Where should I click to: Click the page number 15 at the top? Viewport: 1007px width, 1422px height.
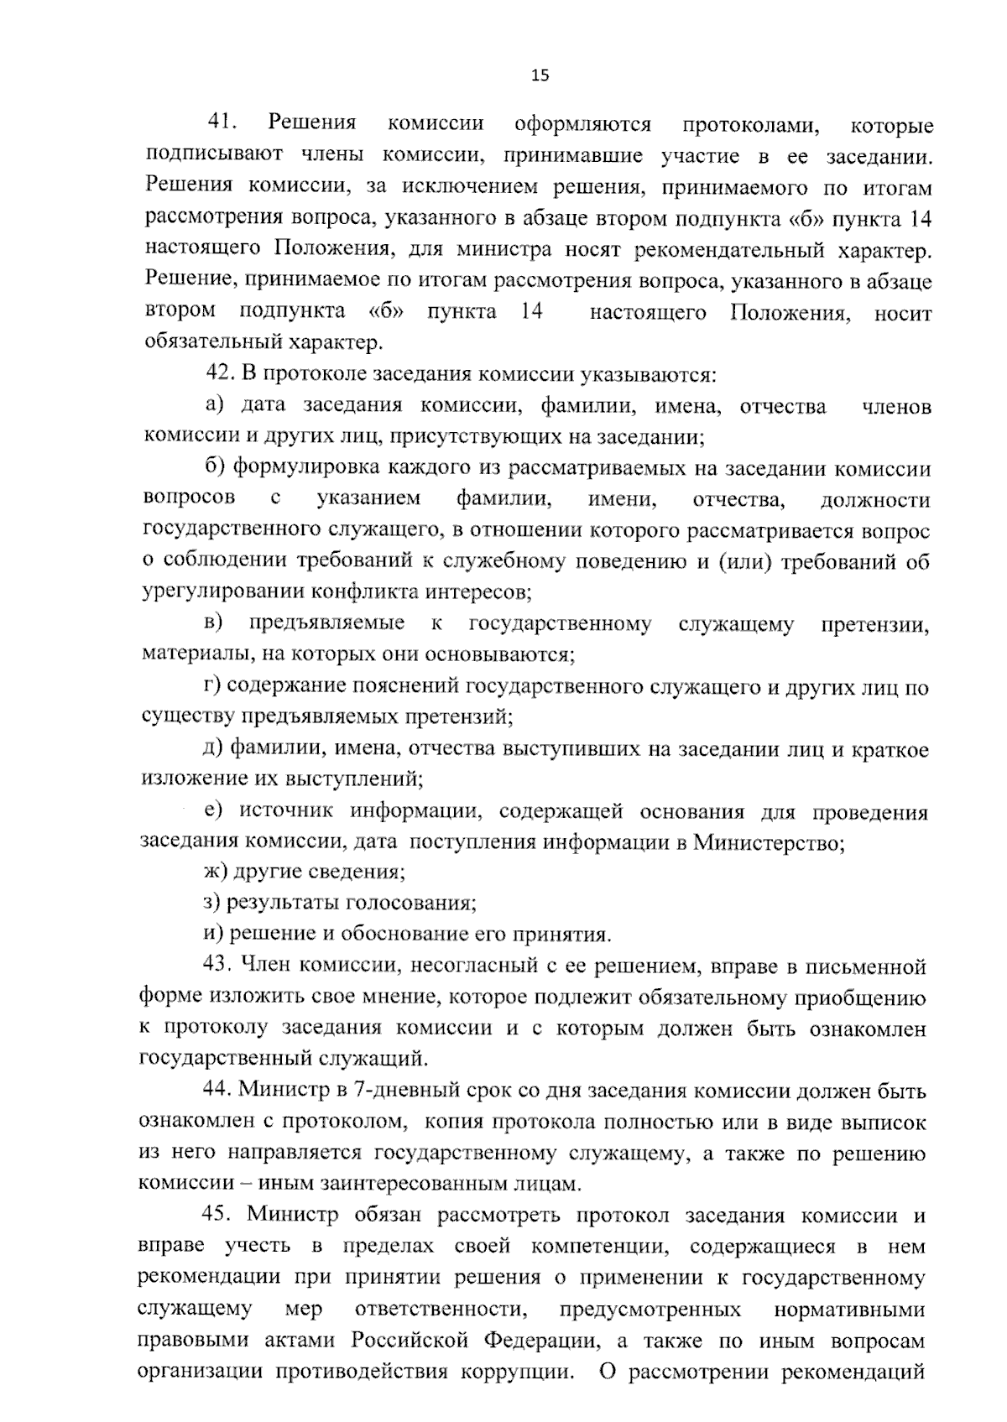point(540,76)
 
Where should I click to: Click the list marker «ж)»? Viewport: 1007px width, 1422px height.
point(216,872)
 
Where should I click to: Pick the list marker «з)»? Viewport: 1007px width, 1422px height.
point(213,904)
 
